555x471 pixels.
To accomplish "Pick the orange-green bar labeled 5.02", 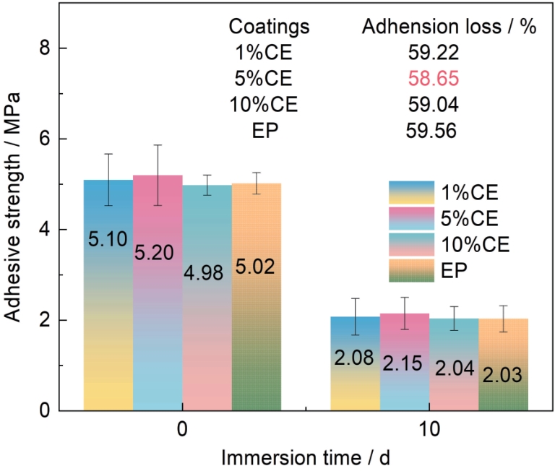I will point(256,296).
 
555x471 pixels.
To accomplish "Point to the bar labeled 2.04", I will point(454,364).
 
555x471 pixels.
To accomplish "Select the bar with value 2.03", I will point(503,364).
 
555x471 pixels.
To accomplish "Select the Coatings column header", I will point(269,27).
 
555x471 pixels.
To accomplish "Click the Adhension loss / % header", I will point(448,27).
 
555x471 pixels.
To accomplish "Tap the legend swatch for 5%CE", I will point(411,217).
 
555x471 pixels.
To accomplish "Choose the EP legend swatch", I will point(411,269).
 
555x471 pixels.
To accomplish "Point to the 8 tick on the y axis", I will point(63,48).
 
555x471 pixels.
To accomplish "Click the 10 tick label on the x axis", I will point(429,429).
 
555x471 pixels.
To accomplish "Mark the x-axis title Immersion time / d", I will point(306,457).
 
